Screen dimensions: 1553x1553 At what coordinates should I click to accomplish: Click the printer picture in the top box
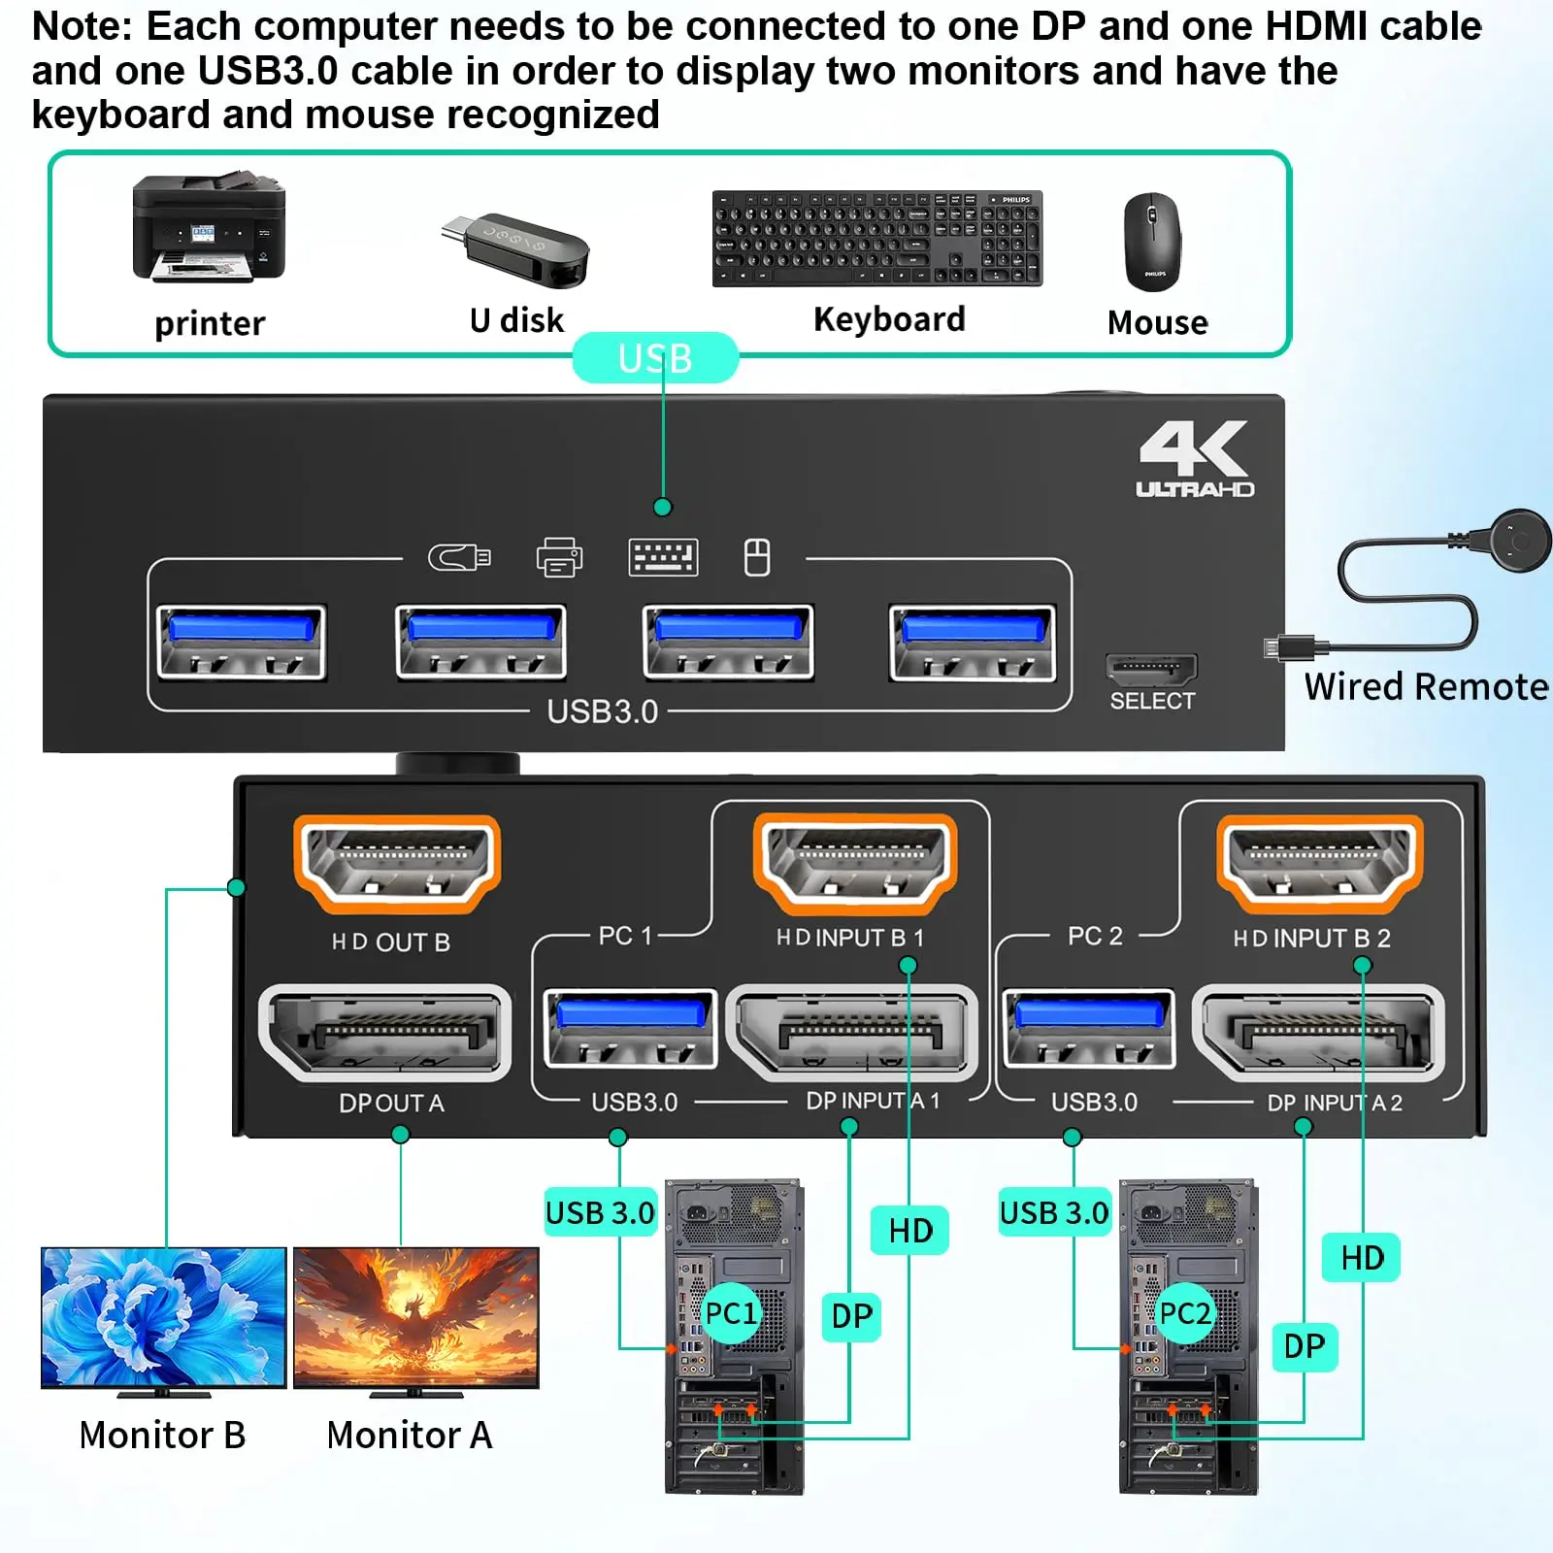[x=209, y=229]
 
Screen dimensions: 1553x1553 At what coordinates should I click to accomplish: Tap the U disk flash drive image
[x=517, y=249]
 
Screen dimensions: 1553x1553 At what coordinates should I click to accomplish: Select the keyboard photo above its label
[x=876, y=239]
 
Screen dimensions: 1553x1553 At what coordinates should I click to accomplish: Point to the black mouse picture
[x=1152, y=241]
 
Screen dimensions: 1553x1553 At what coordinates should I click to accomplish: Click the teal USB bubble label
[x=655, y=358]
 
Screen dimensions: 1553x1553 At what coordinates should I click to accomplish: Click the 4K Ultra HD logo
[x=1195, y=459]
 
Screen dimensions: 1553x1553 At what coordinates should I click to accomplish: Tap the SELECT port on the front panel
[x=1150, y=669]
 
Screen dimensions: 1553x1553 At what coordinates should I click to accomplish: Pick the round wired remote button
[x=1515, y=539]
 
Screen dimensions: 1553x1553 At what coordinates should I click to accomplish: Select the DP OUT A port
[x=385, y=1033]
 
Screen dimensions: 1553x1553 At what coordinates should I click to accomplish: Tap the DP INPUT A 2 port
[x=1318, y=1033]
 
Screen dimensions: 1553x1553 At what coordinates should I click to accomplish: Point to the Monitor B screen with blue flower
[x=163, y=1317]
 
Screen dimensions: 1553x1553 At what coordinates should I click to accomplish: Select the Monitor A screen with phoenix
[x=415, y=1317]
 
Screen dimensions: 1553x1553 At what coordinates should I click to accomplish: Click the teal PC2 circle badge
[x=1185, y=1313]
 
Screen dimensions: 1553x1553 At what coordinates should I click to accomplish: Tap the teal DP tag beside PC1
[x=851, y=1316]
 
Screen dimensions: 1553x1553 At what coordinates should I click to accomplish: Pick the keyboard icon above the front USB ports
[x=663, y=558]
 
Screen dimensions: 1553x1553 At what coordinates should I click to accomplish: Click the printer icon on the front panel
[x=559, y=558]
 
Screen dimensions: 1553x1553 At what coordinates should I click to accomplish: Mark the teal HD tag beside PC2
[x=1362, y=1258]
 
